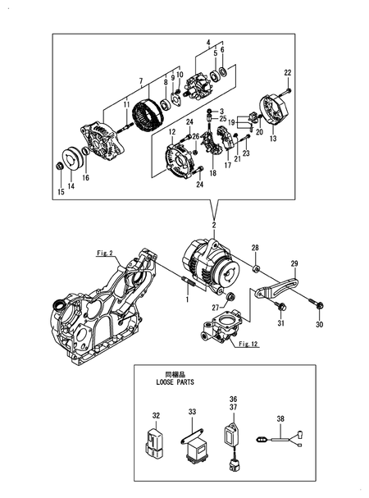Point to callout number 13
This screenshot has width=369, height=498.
272,139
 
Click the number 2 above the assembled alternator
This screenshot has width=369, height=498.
215,224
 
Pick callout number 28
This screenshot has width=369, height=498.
255,247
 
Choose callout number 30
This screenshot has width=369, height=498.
321,324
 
